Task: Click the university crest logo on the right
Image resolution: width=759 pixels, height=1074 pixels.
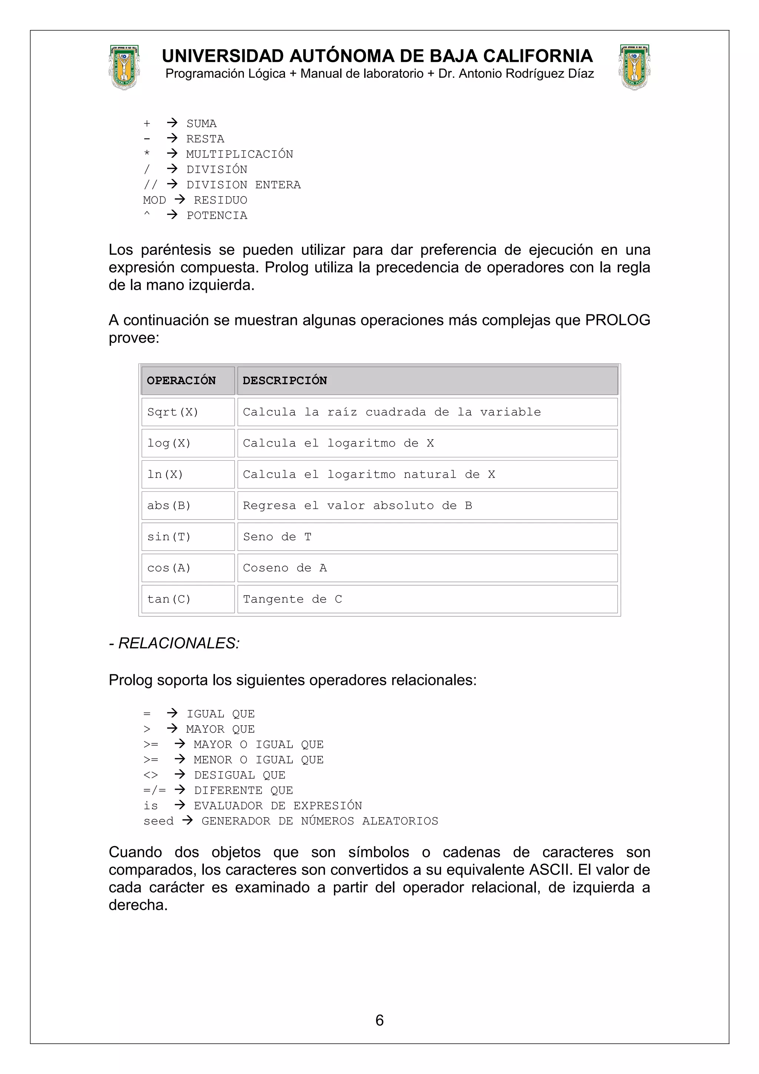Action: point(634,67)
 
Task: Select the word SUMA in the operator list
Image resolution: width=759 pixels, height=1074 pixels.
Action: point(201,124)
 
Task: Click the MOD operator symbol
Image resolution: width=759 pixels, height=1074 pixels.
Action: point(154,200)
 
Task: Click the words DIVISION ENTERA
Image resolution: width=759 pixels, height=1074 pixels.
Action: point(243,185)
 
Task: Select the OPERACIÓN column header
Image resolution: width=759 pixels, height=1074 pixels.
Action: point(182,381)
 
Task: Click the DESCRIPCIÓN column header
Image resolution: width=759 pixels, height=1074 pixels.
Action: point(285,381)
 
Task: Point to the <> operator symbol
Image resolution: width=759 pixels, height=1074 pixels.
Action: point(150,775)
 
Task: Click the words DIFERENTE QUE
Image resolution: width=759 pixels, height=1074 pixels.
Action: point(243,790)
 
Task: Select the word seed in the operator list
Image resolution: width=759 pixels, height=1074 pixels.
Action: point(158,821)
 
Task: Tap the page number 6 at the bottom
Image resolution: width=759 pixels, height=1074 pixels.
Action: point(379,1020)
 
